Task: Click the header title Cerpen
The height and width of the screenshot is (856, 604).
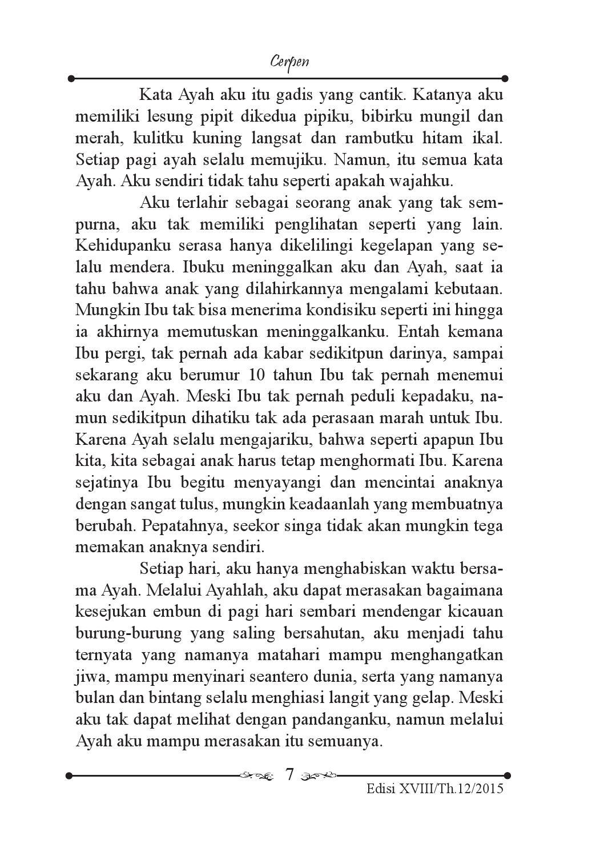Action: (289, 61)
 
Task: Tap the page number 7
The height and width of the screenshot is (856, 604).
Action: (289, 775)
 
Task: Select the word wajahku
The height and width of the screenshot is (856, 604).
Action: (422, 182)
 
